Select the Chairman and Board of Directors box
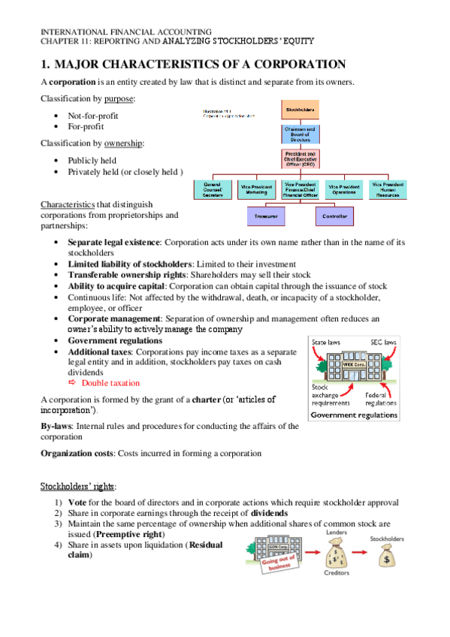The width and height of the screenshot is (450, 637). (x=300, y=134)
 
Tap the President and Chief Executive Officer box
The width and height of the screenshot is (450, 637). (x=300, y=159)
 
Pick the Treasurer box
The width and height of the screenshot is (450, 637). (x=266, y=216)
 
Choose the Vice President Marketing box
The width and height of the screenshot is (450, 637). (x=256, y=189)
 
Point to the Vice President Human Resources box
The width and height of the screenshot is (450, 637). (x=388, y=189)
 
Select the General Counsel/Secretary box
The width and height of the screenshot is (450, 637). (x=213, y=189)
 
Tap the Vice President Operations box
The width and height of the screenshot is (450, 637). (x=344, y=189)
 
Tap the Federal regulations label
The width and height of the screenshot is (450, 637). (x=382, y=398)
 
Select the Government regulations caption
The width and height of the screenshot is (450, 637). (x=354, y=414)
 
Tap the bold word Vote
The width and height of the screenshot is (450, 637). (x=78, y=503)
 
